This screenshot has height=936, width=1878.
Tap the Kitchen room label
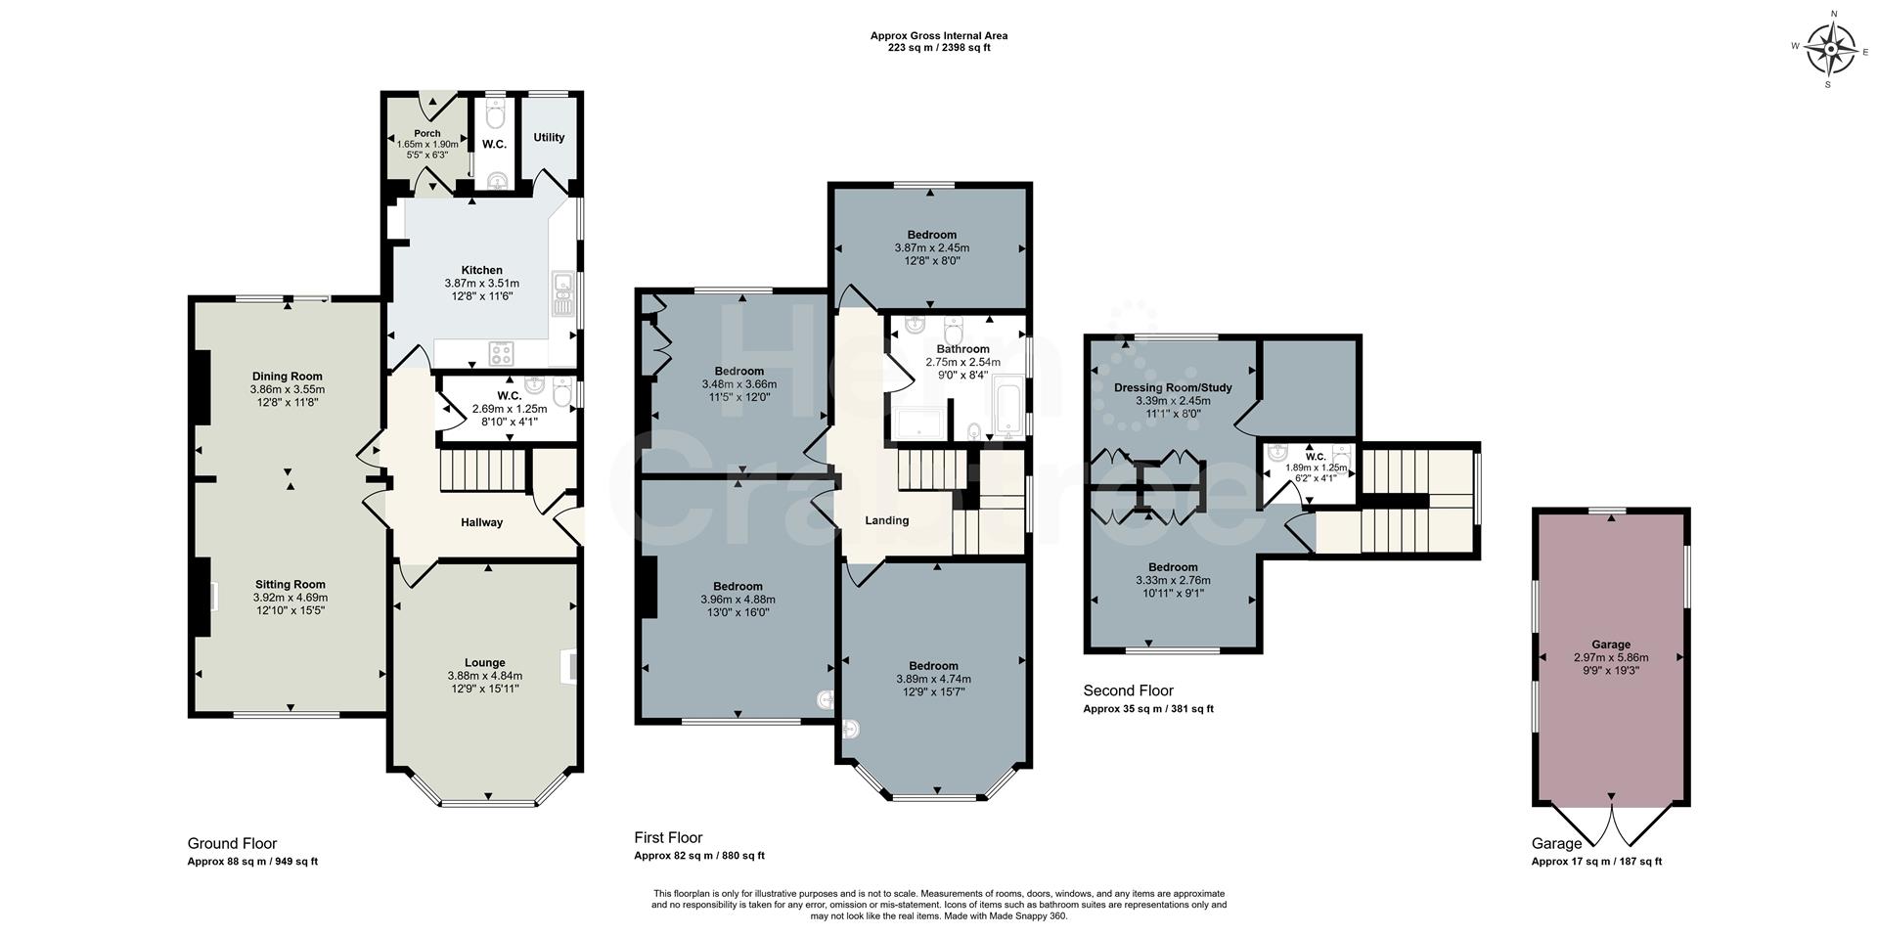[x=481, y=270]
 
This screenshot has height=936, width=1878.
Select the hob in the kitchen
[x=502, y=352]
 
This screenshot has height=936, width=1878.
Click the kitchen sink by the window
[x=564, y=293]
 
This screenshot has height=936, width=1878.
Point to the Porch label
[x=427, y=133]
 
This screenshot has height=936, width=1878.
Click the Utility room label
[x=549, y=138]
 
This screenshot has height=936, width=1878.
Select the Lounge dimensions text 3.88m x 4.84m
[x=484, y=676]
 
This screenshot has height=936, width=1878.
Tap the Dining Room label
[x=287, y=376]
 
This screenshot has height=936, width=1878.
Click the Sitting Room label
[x=290, y=584]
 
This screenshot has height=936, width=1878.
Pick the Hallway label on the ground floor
[x=481, y=522]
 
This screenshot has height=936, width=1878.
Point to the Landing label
[x=886, y=520]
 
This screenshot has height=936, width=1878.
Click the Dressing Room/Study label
[x=1173, y=387]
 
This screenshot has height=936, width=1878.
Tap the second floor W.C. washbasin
[x=1276, y=454]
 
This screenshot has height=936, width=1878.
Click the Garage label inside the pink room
[x=1610, y=645]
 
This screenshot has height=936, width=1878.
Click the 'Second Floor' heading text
[x=1128, y=691]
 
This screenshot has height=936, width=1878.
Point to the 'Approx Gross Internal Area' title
[x=938, y=36]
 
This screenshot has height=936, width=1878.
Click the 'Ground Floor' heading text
[x=232, y=843]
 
